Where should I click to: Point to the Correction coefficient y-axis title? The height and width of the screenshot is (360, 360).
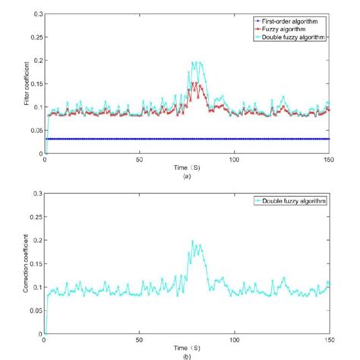pos(27,264)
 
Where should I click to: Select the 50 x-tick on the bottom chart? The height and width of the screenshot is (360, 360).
pos(140,340)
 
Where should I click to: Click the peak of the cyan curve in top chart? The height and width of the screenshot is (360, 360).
pos(196,62)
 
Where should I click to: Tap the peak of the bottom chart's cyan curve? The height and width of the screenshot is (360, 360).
pos(193,241)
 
